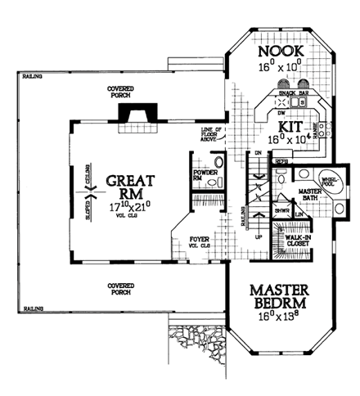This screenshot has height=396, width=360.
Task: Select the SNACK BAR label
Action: coord(293,95)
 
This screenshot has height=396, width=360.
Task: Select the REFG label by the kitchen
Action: coord(281,162)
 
